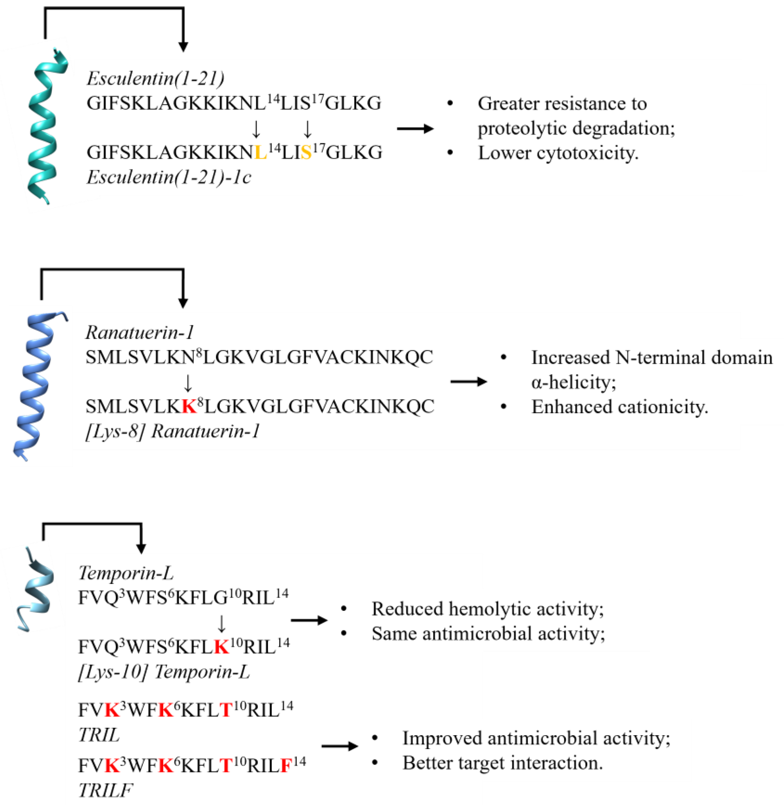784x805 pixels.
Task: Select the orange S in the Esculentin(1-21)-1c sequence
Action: tap(306, 153)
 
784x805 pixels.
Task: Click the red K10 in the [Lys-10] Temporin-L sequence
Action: tap(222, 647)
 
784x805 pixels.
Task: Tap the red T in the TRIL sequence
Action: tap(226, 710)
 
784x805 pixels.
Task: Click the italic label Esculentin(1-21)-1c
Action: tap(169, 178)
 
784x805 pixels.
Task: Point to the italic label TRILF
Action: tap(105, 790)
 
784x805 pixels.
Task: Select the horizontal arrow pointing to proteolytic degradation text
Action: tap(415, 129)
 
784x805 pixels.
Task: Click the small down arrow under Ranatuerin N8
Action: tap(188, 383)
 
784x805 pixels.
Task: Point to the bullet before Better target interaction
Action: tap(375, 763)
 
